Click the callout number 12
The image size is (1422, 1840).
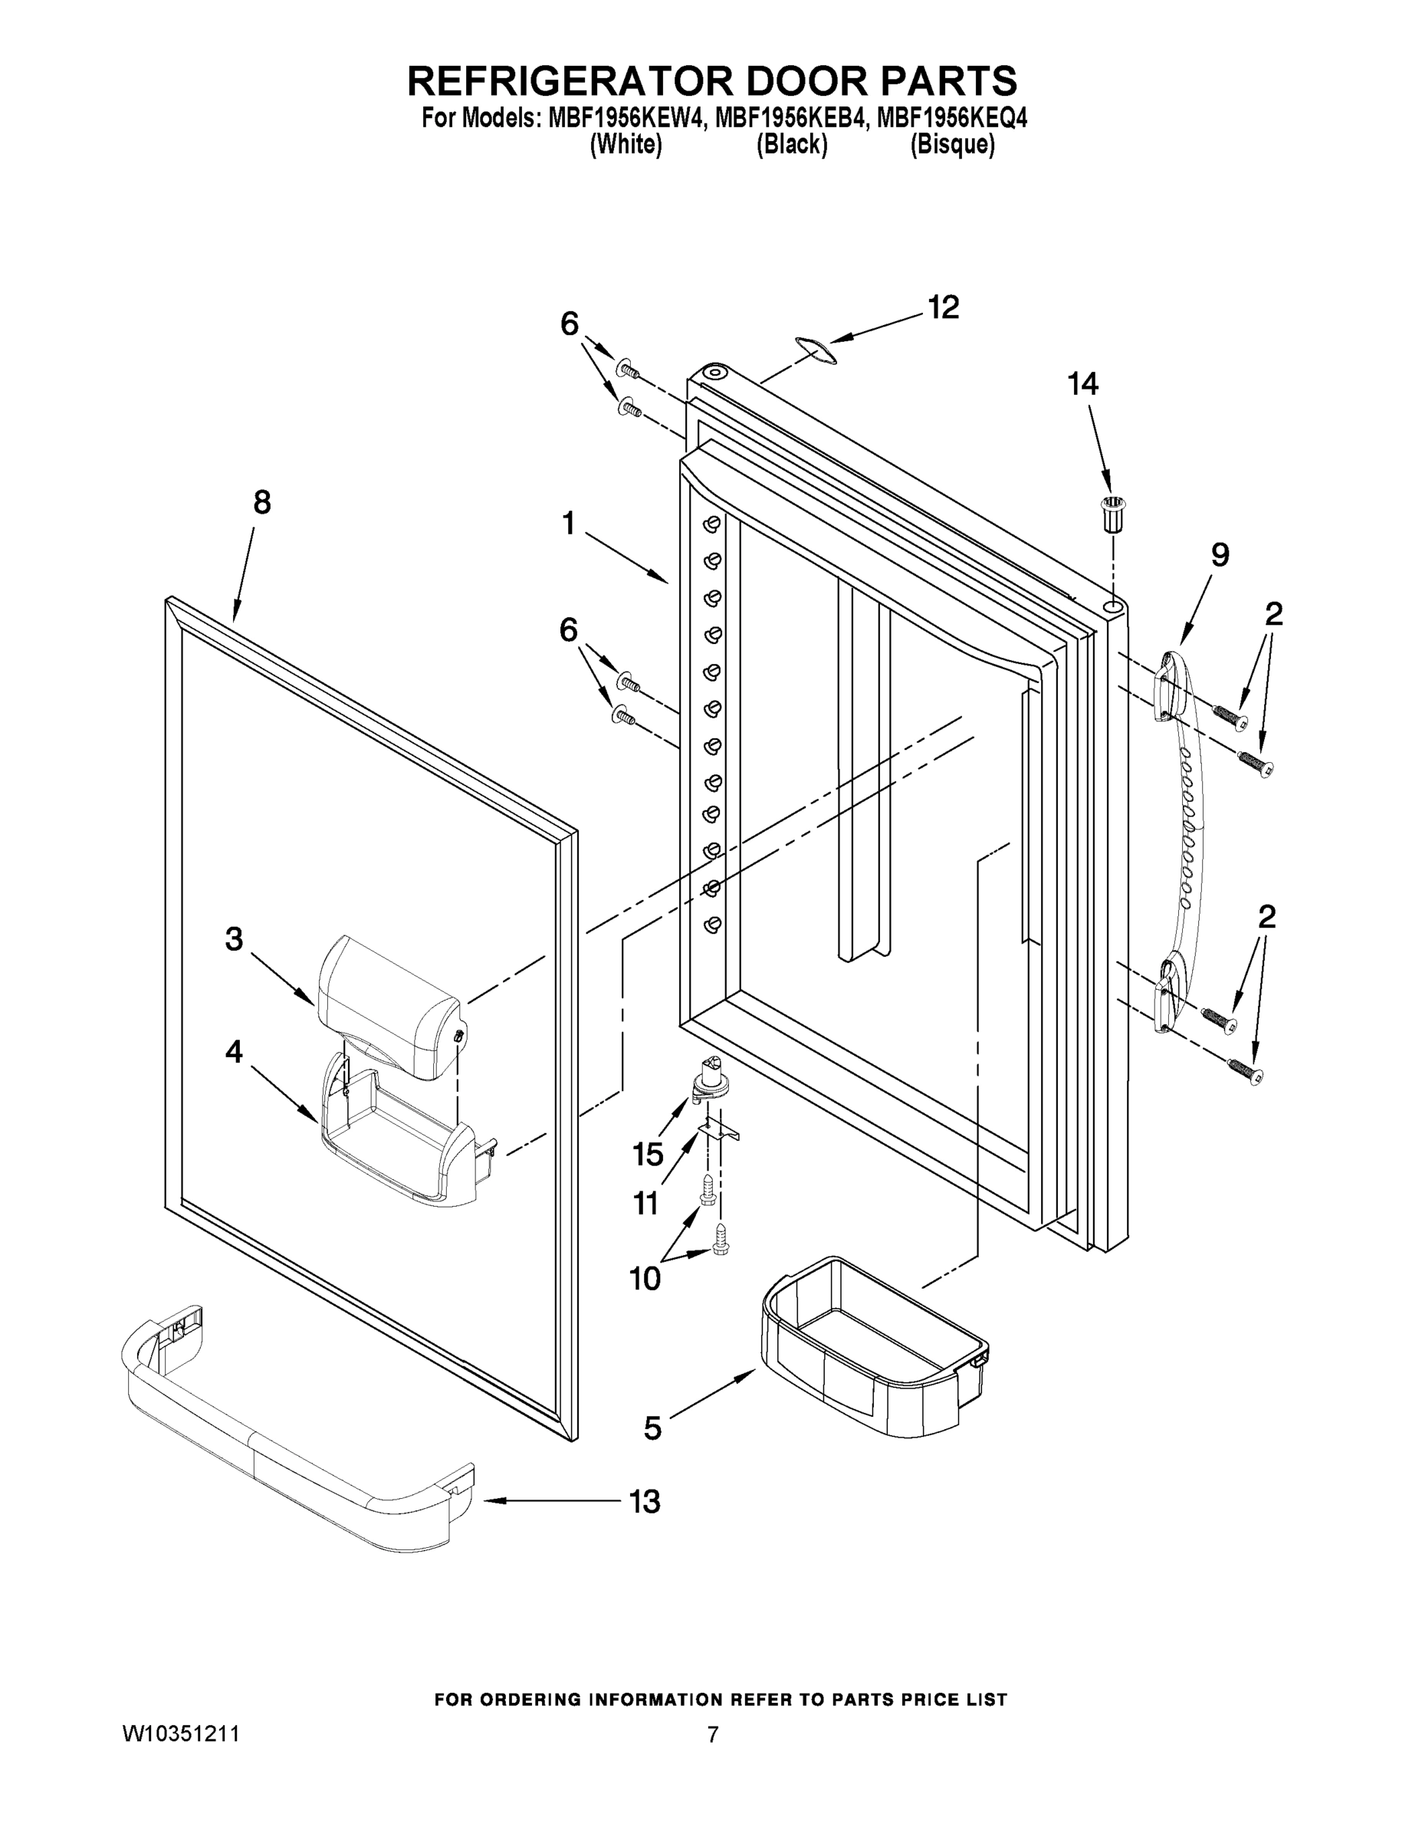tap(943, 308)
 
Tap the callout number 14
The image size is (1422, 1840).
tap(1082, 384)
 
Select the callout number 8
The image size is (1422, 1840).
tap(262, 503)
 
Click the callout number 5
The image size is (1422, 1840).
tap(652, 1428)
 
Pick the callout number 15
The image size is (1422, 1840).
tap(648, 1154)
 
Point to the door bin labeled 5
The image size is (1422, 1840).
tap(876, 1348)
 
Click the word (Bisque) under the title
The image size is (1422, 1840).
tap(952, 145)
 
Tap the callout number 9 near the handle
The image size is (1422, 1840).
tap(1220, 554)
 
